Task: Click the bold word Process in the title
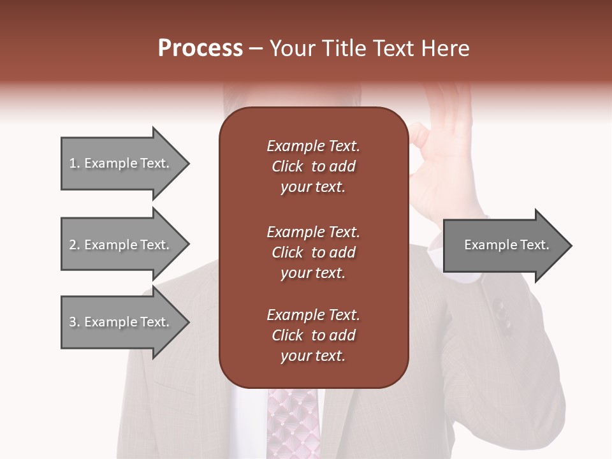pos(200,48)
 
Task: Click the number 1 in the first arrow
pos(73,163)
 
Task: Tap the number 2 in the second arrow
pos(73,245)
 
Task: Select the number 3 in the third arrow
pos(73,322)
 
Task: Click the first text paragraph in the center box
pos(313,166)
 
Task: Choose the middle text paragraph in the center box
pos(313,252)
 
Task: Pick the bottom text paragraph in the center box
pos(313,335)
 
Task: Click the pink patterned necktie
pos(293,424)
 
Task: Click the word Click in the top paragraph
pos(287,167)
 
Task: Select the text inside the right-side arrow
pos(506,245)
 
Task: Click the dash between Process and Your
pos(256,48)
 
